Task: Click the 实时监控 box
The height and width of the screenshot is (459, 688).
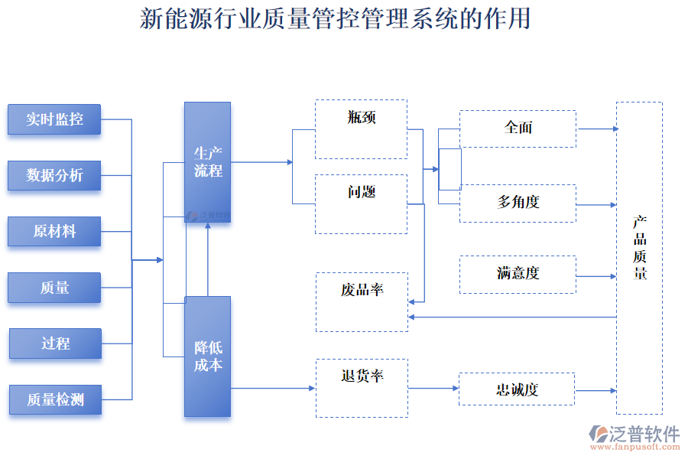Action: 54,119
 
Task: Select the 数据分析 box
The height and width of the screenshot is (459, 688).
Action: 54,175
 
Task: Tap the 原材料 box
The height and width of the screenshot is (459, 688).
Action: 54,231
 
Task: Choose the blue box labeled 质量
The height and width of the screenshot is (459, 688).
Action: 54,288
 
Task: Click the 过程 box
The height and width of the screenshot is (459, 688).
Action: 55,343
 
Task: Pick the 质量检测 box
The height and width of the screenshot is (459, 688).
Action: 55,399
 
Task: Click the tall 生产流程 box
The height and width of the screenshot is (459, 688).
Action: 207,161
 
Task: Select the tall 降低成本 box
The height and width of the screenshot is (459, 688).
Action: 207,356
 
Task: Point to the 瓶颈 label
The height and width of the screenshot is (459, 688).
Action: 362,117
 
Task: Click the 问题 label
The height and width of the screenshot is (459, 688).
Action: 362,192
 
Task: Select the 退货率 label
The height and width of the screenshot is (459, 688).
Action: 362,376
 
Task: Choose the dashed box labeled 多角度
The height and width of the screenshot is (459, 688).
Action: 518,203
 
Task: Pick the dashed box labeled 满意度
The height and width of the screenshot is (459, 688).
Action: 518,274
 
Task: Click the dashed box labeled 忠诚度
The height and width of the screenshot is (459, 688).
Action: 517,389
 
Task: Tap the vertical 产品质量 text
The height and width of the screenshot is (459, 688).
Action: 640,247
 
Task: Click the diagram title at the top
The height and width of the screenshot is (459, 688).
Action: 335,18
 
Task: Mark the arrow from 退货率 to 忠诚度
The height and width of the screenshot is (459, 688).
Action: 433,389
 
